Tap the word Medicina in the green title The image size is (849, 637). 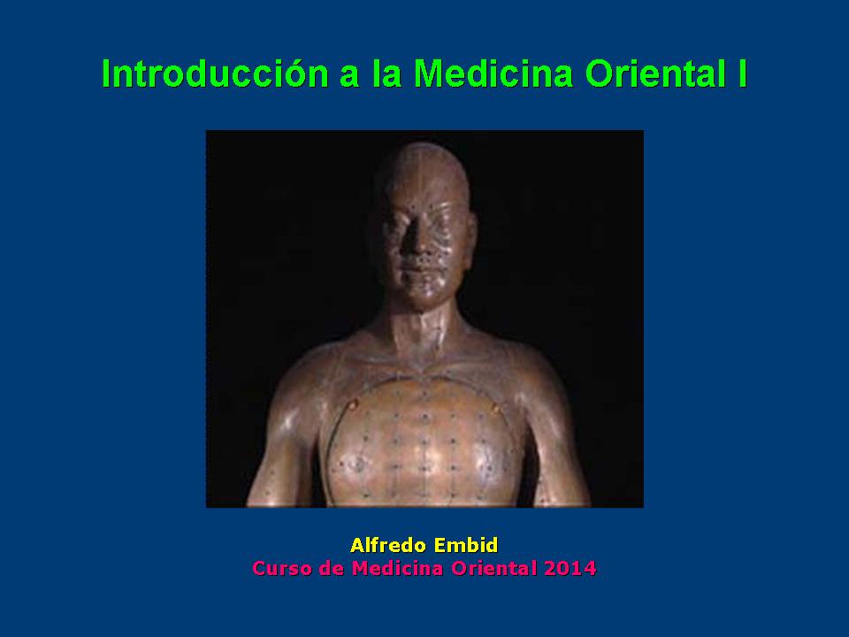point(493,73)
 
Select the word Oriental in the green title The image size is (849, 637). point(655,73)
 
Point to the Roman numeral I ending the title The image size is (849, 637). point(742,73)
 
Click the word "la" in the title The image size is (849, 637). point(386,73)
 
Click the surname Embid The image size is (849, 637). point(466,545)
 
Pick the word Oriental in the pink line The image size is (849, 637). point(494,568)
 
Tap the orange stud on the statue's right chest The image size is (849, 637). point(353,404)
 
